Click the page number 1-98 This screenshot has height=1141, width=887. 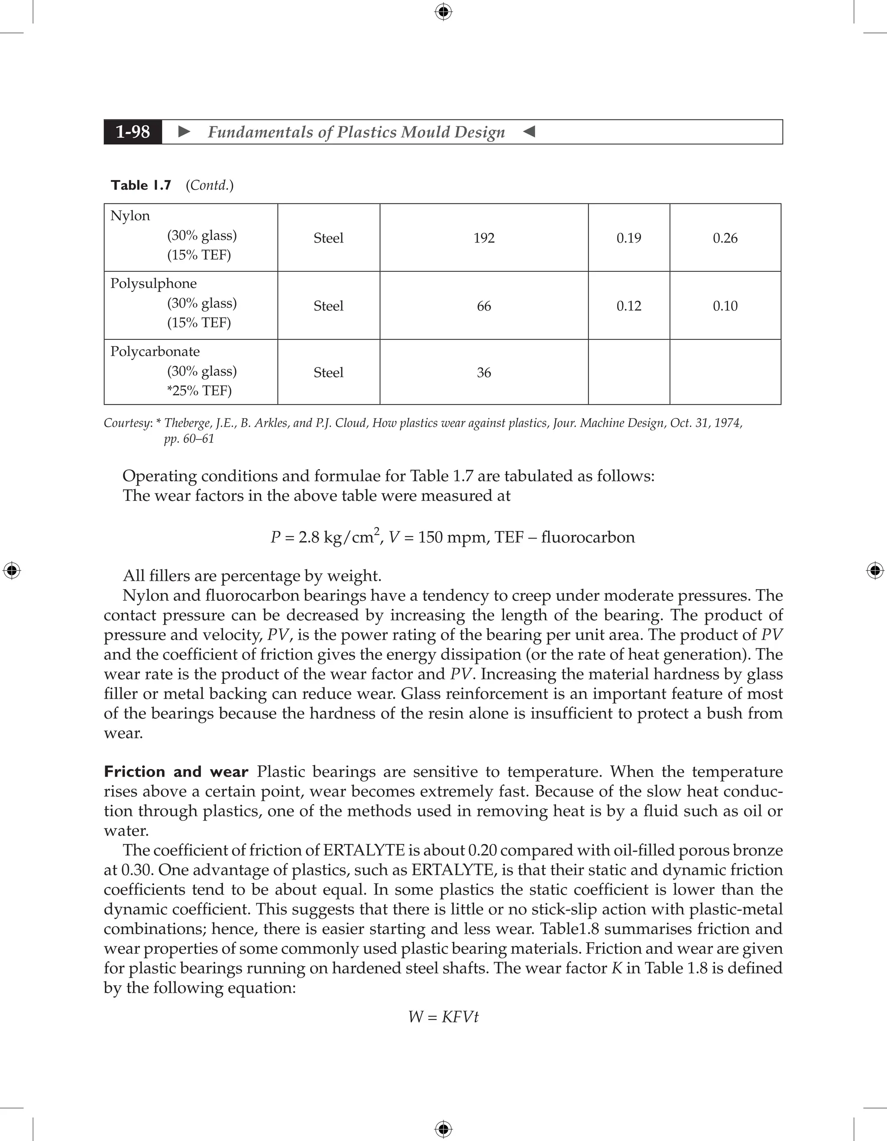pyautogui.click(x=133, y=132)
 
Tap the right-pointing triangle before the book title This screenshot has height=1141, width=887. pyautogui.click(x=184, y=132)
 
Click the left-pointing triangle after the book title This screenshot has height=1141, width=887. pyautogui.click(x=529, y=132)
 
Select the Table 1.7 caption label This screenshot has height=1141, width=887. pyautogui.click(x=141, y=185)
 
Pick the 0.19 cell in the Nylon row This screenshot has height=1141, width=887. pyautogui.click(x=628, y=238)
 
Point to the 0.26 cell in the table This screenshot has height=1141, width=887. pyautogui.click(x=725, y=238)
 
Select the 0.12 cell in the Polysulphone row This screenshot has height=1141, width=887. pyautogui.click(x=628, y=306)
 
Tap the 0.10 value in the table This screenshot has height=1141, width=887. pyautogui.click(x=725, y=306)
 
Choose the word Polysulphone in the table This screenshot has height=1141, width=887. pyautogui.click(x=154, y=284)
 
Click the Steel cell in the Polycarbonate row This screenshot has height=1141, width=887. pyautogui.click(x=328, y=373)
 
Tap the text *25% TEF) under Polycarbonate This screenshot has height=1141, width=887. pyautogui.click(x=199, y=391)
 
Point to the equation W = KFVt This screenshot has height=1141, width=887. pyautogui.click(x=443, y=1017)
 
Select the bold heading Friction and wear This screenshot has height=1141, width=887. pyautogui.click(x=175, y=772)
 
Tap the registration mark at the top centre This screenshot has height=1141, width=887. pyautogui.click(x=443, y=12)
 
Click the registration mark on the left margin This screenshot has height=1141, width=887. pyautogui.click(x=12, y=570)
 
